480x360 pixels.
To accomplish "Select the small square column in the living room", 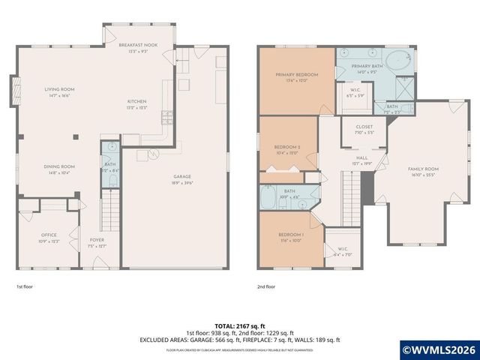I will point(75,136).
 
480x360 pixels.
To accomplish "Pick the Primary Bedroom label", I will point(296,75).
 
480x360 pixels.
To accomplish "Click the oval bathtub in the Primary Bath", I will point(397,61).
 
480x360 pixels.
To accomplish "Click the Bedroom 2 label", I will point(288,147).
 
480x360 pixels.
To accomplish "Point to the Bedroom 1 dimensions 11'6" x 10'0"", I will point(289,241).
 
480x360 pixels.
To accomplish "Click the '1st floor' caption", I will point(25,286).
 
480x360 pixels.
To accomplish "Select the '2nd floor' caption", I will point(266,286).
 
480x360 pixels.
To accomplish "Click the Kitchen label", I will point(136,101).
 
